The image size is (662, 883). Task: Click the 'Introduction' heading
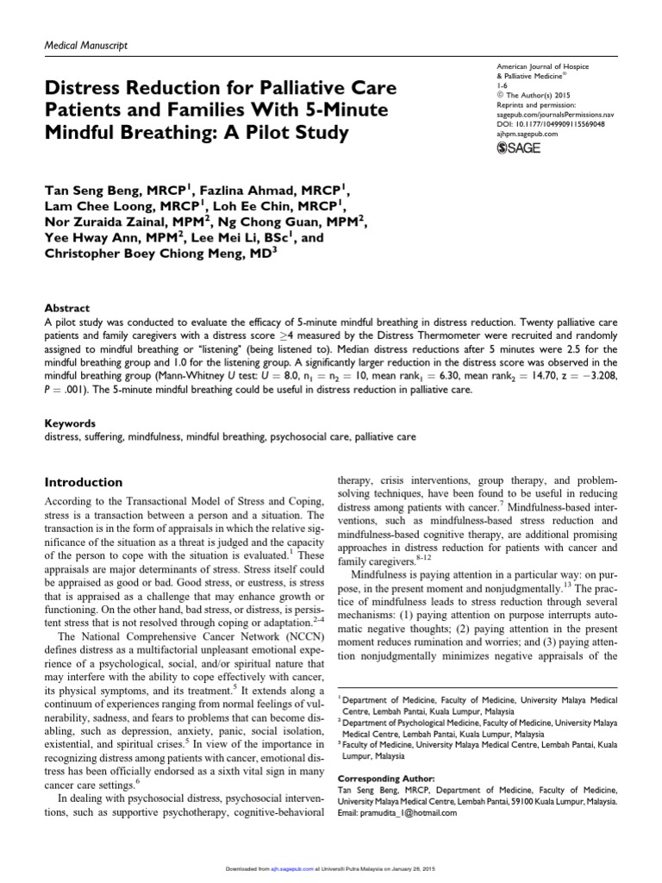pos(83,482)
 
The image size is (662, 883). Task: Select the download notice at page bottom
pos(331,870)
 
